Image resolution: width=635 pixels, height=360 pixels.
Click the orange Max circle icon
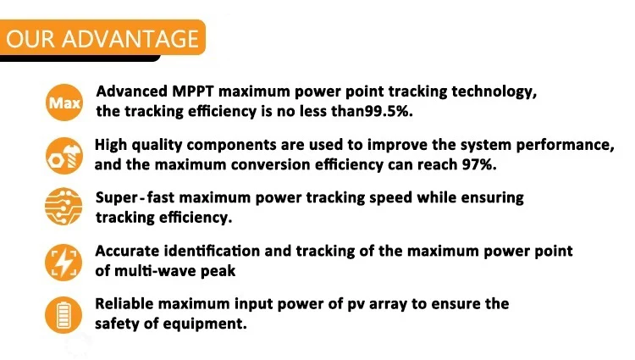pyautogui.click(x=64, y=102)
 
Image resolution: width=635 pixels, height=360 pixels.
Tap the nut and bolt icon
pyautogui.click(x=64, y=156)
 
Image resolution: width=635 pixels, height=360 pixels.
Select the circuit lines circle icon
pyautogui.click(x=63, y=207)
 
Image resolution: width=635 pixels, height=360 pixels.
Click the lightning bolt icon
pyautogui.click(x=63, y=263)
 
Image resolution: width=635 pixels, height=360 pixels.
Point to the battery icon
pyautogui.click(x=63, y=315)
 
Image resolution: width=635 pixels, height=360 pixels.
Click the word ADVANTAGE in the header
pyautogui.click(x=130, y=39)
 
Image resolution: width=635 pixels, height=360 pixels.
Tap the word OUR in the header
pyautogui.click(x=30, y=39)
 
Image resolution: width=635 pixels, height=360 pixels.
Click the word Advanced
pyautogui.click(x=131, y=91)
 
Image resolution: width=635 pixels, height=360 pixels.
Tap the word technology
pyautogui.click(x=494, y=92)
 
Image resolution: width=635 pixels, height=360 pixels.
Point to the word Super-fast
pyautogui.click(x=135, y=197)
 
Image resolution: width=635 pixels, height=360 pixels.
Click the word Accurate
pyautogui.click(x=127, y=251)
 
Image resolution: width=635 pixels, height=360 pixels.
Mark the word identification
pyautogui.click(x=212, y=251)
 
